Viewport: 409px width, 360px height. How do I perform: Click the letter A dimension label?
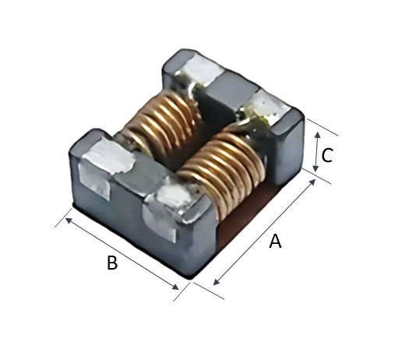pyautogui.click(x=276, y=242)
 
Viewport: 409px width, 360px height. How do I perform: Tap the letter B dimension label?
pyautogui.click(x=112, y=263)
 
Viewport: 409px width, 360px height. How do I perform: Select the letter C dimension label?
pyautogui.click(x=327, y=155)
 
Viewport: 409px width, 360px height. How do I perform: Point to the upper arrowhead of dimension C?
pyautogui.click(x=317, y=135)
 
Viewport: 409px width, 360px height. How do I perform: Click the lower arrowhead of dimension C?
pyautogui.click(x=316, y=168)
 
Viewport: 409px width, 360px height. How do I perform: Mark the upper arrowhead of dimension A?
pyautogui.click(x=312, y=182)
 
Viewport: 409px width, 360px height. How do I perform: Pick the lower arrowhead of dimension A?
pyautogui.click(x=217, y=281)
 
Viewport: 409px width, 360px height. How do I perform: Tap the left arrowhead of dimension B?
pyautogui.click(x=69, y=221)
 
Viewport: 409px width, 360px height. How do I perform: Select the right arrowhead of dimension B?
pyautogui.click(x=175, y=287)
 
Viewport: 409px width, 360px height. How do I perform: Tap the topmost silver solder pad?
pyautogui.click(x=201, y=69)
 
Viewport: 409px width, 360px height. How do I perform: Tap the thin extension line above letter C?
pyautogui.click(x=323, y=127)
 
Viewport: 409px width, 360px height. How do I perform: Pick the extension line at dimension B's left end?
pyautogui.click(x=63, y=218)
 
